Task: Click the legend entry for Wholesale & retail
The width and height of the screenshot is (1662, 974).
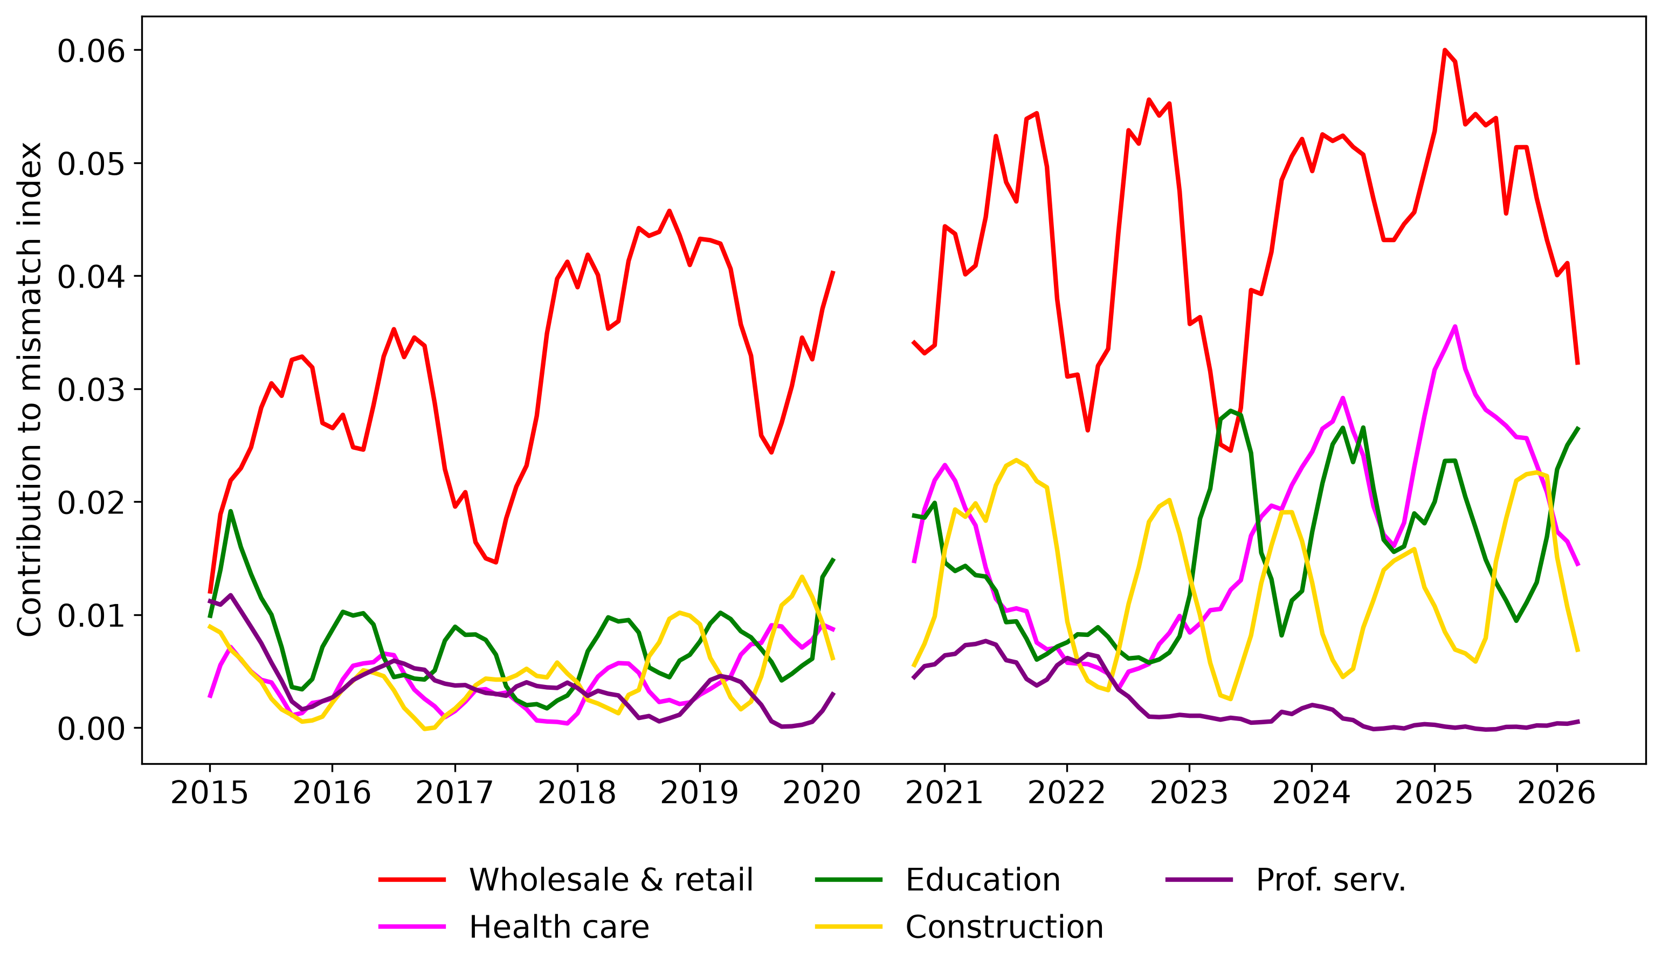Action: tap(566, 880)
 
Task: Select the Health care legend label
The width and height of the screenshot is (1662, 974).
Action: tap(514, 927)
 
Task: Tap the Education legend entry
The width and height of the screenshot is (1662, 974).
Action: tap(938, 880)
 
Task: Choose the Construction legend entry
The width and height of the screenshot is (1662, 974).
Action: tap(960, 927)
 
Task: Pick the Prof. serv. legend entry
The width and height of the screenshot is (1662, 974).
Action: tap(1286, 880)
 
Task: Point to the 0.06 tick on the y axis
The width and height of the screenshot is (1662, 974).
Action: tap(91, 51)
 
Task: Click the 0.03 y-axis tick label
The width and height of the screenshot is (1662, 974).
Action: tap(91, 390)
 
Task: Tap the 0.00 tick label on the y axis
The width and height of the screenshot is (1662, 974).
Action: tap(91, 729)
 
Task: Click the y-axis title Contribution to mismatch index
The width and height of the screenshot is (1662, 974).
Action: tap(30, 389)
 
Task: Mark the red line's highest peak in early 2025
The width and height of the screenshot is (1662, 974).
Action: tap(1444, 50)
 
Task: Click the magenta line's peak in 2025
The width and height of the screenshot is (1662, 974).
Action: tap(1455, 327)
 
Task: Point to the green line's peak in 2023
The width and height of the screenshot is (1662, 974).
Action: tap(1231, 410)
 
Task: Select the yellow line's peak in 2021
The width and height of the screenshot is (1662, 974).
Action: tap(1016, 460)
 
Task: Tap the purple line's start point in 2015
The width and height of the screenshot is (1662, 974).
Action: tap(210, 600)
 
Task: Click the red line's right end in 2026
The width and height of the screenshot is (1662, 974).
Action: tap(1577, 363)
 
